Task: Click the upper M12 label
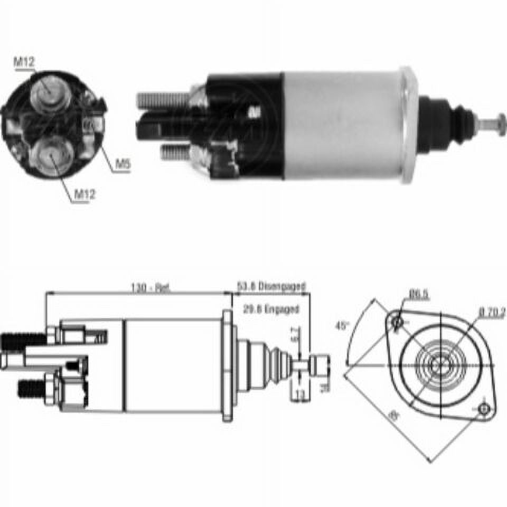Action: pos(24,62)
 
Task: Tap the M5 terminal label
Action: pos(123,165)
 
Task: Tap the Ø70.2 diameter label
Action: pos(492,313)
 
